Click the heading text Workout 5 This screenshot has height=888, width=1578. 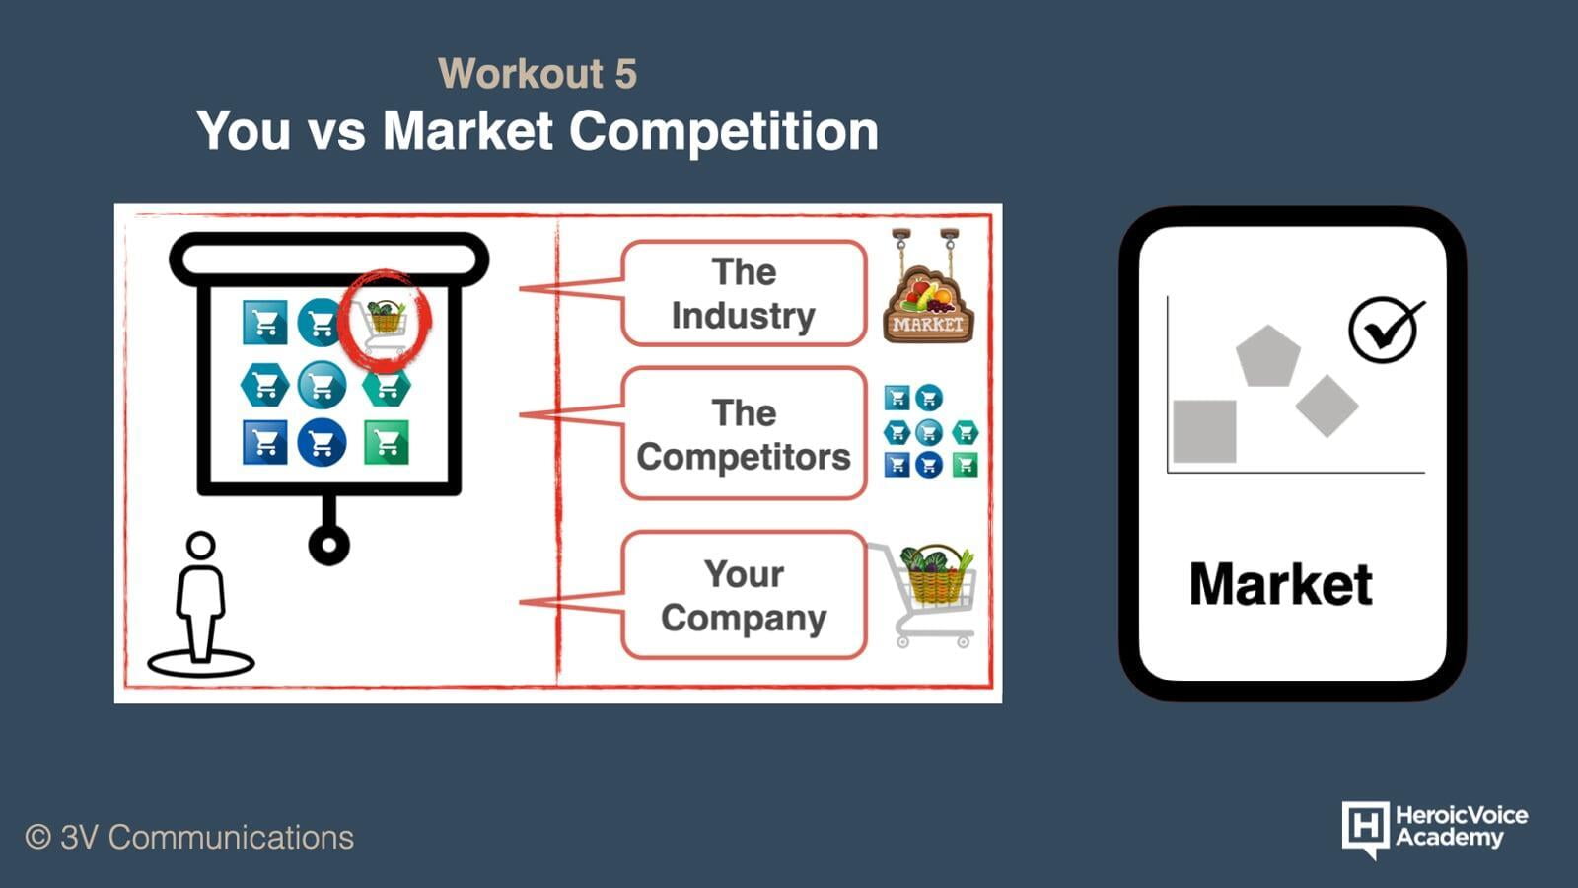[538, 73]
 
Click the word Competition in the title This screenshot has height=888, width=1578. [724, 131]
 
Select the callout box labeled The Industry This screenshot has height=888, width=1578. [744, 293]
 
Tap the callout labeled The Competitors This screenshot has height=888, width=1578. [744, 433]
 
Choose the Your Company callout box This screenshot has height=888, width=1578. [744, 596]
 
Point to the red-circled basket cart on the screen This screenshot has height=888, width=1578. [385, 322]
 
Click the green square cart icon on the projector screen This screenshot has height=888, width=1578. [386, 442]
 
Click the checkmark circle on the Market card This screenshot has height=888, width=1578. [1384, 330]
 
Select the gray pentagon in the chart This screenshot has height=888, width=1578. [1268, 356]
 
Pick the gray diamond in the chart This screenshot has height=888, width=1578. [1327, 406]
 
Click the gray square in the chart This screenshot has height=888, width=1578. [1204, 431]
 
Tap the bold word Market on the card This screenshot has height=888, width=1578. [1281, 584]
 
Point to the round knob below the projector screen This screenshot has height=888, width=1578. [329, 544]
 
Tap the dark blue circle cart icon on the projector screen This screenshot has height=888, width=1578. [322, 443]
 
